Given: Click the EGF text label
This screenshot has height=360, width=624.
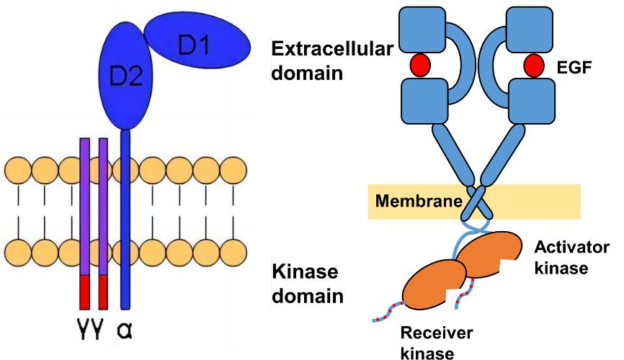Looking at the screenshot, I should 574,68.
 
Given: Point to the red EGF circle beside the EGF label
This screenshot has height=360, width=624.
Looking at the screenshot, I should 534,66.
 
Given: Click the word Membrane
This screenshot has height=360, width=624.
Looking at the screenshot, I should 416,201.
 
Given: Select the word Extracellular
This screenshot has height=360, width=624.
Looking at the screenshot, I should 331,49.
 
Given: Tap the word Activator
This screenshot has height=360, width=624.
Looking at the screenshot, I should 572,248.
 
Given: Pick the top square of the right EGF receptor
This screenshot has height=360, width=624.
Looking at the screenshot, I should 529,27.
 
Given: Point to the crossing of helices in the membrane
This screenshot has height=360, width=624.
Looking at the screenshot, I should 475,203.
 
